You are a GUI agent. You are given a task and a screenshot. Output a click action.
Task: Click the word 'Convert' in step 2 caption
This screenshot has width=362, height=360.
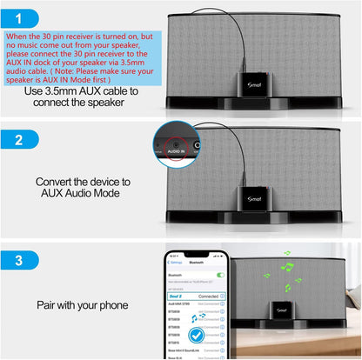[57, 183]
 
